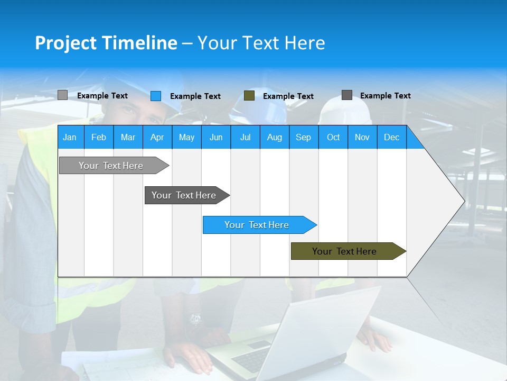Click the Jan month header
(70, 137)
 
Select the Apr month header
(157, 137)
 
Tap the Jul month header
(245, 137)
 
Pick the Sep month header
(303, 137)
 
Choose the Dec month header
(391, 137)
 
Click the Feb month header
(99, 137)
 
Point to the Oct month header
(333, 137)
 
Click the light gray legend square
(62, 95)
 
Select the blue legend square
(156, 96)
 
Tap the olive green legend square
(249, 96)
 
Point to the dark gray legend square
(347, 95)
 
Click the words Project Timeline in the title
(106, 43)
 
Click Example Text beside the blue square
(195, 96)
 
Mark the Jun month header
(216, 137)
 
